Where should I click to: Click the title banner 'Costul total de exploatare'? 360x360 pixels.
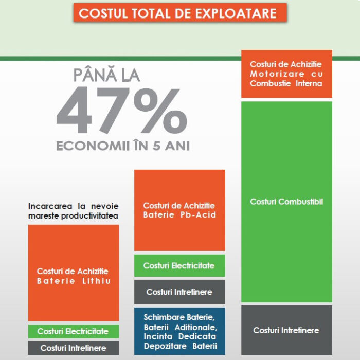[180, 12]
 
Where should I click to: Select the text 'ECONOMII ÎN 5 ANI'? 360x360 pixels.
[123, 146]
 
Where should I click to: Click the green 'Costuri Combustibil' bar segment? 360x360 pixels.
[286, 202]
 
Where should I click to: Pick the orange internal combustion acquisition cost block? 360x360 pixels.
[286, 74]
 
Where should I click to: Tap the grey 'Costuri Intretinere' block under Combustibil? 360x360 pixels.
[286, 330]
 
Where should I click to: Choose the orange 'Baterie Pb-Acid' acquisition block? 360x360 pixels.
[179, 210]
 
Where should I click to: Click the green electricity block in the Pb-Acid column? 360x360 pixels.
[179, 266]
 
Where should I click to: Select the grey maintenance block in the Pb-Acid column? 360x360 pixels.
[179, 292]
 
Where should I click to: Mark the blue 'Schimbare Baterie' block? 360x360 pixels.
[179, 331]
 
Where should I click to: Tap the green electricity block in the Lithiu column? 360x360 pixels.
[74, 331]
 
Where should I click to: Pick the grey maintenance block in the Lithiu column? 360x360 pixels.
[74, 348]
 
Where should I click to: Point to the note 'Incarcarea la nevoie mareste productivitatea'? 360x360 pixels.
[73, 211]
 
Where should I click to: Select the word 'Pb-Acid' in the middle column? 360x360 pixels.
[196, 215]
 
